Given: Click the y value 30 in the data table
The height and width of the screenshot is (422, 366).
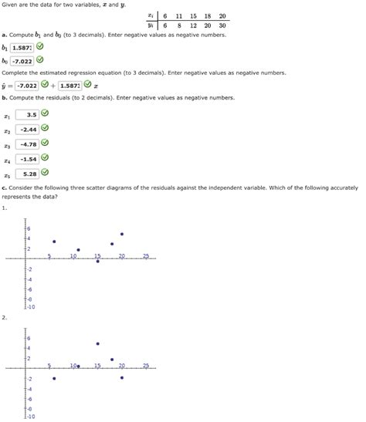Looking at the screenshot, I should (222, 25).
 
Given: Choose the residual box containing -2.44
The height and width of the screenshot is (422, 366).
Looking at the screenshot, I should (29, 129).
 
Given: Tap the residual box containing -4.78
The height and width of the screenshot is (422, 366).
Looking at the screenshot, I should (29, 143).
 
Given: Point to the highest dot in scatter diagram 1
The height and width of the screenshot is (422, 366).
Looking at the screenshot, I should (121, 234).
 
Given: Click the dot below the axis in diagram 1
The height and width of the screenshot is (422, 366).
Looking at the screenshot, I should (97, 262).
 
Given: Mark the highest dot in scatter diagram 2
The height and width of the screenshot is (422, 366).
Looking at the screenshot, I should (97, 343).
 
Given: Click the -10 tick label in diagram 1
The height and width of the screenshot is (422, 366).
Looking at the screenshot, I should (30, 306).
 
